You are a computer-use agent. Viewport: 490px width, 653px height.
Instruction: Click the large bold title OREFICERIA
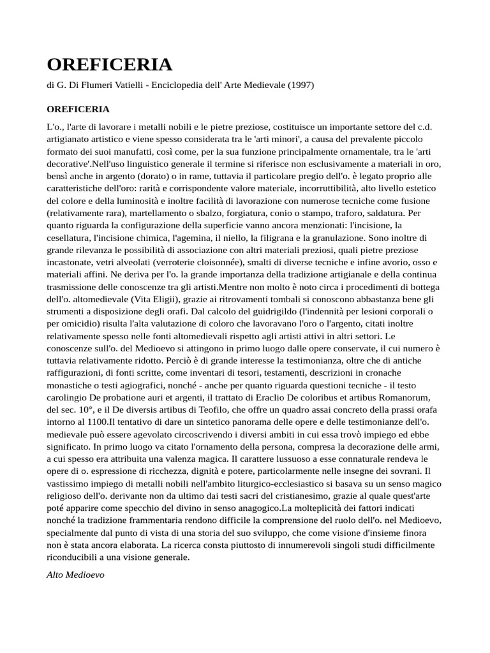(x=109, y=65)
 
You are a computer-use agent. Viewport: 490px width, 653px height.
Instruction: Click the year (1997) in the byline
(x=302, y=85)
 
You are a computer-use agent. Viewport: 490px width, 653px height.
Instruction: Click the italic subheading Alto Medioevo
(x=75, y=574)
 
